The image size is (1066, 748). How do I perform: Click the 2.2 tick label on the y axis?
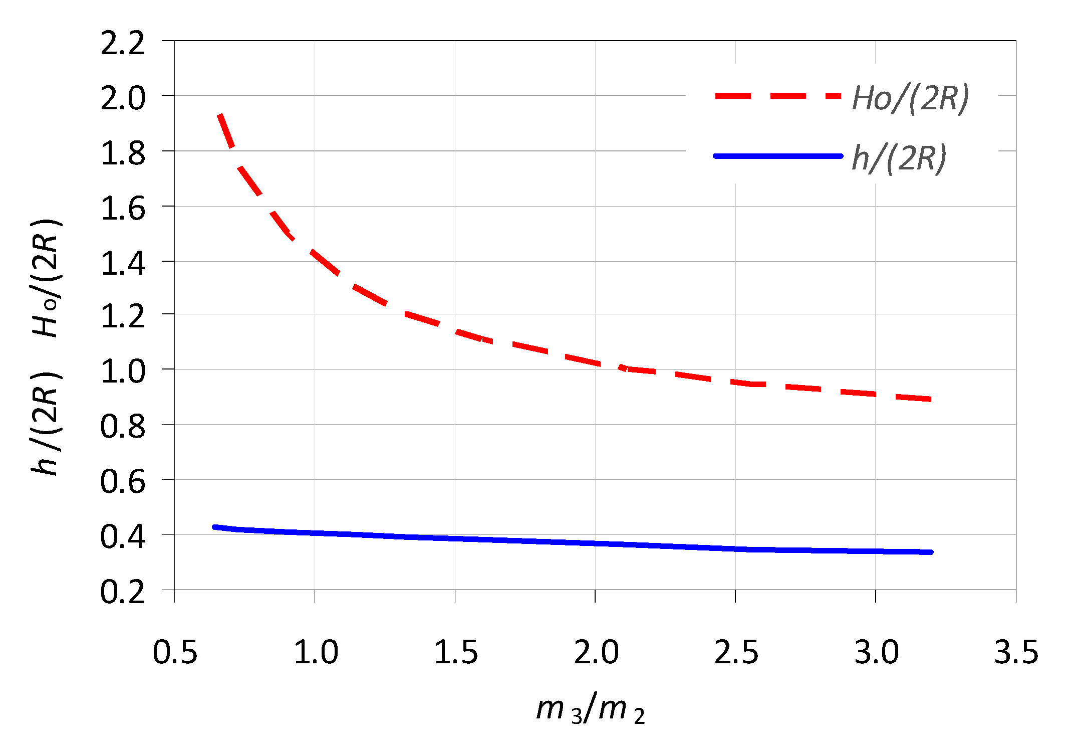coord(123,43)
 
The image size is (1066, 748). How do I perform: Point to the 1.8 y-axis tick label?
coord(123,153)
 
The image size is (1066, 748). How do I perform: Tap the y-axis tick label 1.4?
coord(123,264)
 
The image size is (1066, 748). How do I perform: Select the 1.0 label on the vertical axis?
coord(123,371)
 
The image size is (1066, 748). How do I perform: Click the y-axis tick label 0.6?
coord(123,482)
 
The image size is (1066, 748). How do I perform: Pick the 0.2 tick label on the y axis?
coord(123,592)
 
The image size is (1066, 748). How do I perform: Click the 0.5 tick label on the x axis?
coord(175,652)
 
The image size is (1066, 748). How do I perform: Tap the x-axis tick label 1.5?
coord(455,652)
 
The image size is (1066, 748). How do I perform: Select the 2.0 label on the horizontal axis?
coord(596,652)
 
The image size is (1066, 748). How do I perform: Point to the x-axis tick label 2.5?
coord(736,652)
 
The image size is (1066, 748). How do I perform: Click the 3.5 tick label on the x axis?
coord(1016,652)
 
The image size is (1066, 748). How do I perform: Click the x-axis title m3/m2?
coord(590,708)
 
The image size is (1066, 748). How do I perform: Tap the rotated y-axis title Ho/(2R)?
coord(46,278)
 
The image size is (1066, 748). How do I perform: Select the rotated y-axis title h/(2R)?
coord(46,424)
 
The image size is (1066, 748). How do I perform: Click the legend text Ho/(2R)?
coord(910,98)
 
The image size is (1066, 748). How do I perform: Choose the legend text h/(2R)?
coord(899,158)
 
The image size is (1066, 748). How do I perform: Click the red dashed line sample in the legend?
coord(777,96)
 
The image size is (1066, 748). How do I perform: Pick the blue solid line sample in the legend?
coord(777,156)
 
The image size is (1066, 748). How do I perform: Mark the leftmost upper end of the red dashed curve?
coord(219,115)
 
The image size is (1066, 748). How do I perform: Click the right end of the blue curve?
coord(931,552)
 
